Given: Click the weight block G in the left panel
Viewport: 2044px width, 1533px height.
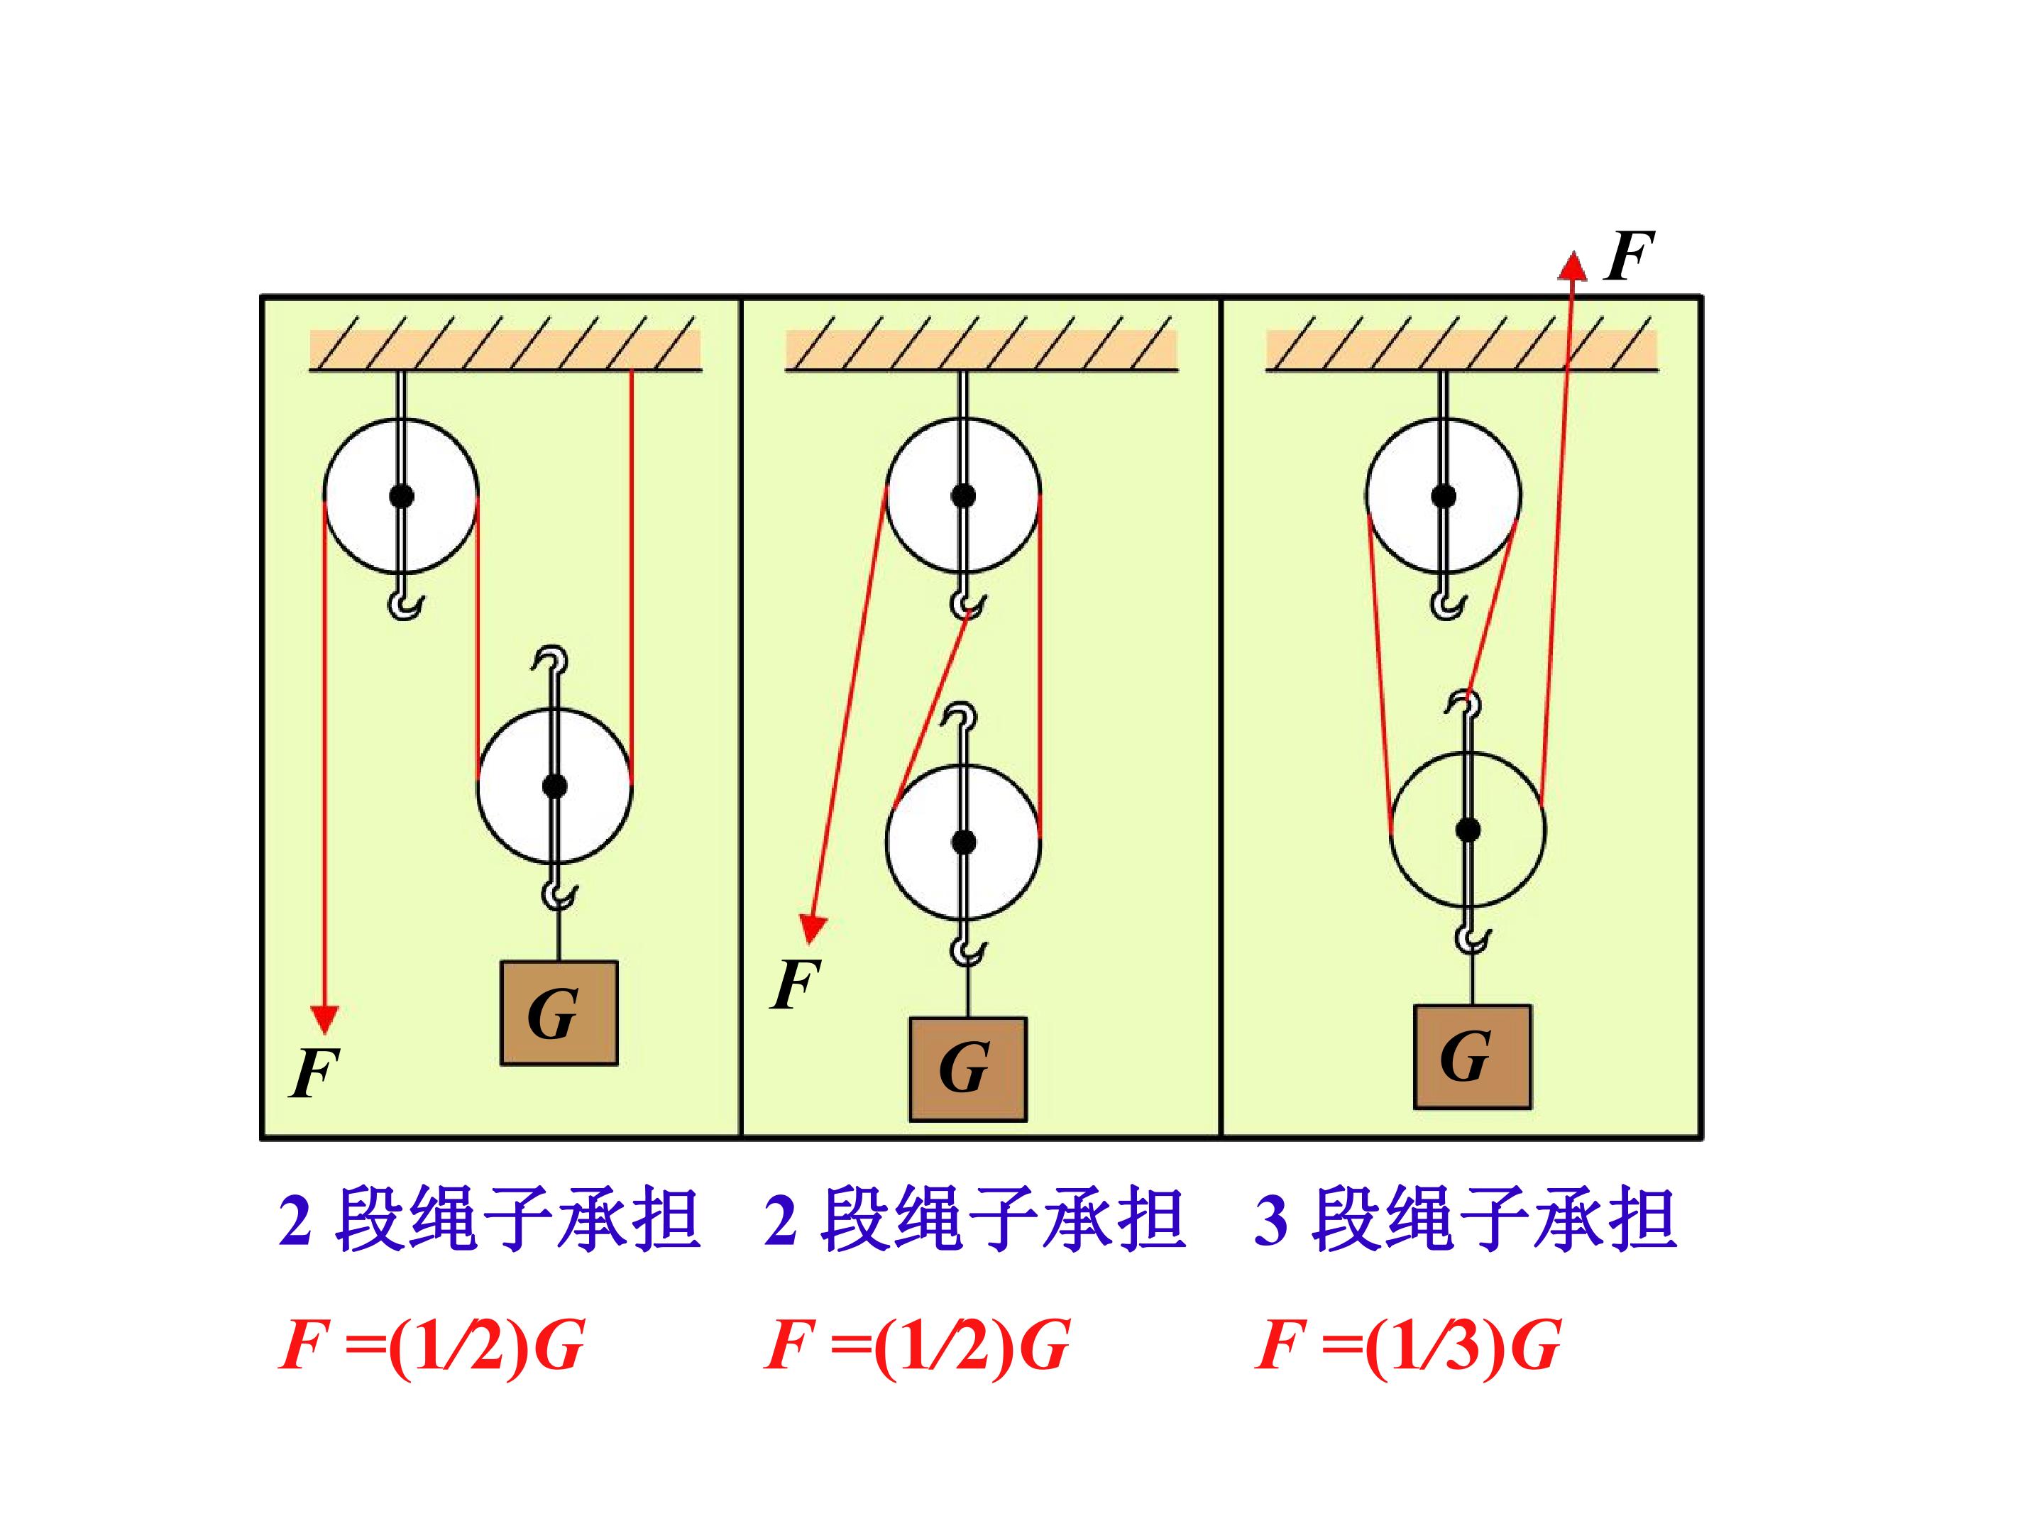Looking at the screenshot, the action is click(x=559, y=1013).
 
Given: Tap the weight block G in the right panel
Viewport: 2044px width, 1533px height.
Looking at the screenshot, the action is click(x=1472, y=1056).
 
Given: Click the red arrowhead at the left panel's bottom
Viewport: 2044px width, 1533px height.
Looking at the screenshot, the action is click(x=324, y=1018).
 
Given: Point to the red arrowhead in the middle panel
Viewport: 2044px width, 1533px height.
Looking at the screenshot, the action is click(x=812, y=928).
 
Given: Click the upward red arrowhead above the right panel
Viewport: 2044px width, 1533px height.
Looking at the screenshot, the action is click(x=1572, y=265).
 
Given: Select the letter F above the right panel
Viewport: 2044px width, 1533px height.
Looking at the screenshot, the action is click(x=1628, y=256).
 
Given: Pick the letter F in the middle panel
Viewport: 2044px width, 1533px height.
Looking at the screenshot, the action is click(x=795, y=984).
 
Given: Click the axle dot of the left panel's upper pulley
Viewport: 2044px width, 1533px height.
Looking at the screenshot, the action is click(x=401, y=496).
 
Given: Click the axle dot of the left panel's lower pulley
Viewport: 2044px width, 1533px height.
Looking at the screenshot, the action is click(x=554, y=786).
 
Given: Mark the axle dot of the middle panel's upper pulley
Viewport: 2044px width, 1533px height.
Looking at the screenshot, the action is click(x=963, y=496).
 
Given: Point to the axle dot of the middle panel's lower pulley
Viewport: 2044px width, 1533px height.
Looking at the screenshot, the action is click(x=963, y=842).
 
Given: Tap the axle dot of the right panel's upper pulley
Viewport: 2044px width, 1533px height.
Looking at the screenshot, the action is click(x=1444, y=496).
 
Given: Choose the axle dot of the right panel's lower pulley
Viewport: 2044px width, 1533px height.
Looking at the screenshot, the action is click(x=1468, y=830).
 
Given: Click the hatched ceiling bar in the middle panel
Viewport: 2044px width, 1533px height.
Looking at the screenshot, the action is click(x=982, y=344).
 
